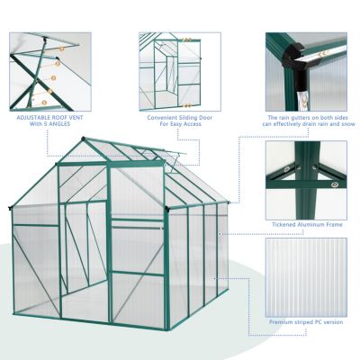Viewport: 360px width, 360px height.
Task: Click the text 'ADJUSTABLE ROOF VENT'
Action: (x=50, y=116)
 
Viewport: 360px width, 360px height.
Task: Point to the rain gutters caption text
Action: (x=306, y=121)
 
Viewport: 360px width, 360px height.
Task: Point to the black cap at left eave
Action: (x=10, y=210)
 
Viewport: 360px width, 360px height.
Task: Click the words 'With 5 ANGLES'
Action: (x=50, y=125)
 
